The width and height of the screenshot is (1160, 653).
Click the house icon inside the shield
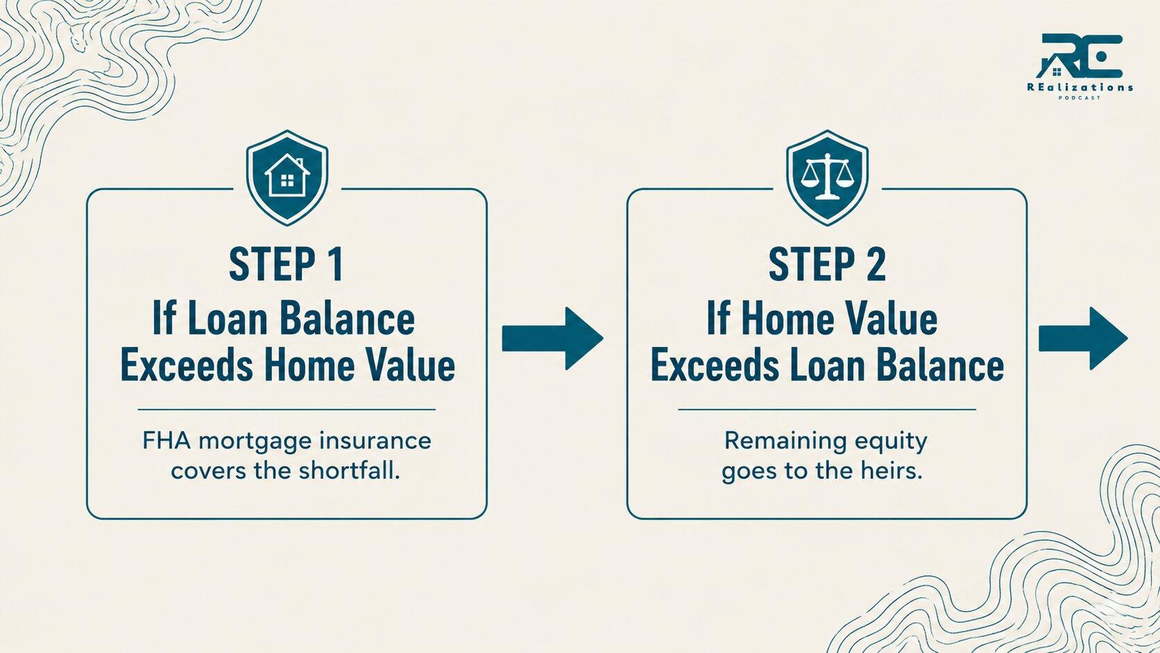coord(287,176)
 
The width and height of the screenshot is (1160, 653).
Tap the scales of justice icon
coord(827,176)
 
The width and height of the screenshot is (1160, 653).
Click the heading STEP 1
coord(286,264)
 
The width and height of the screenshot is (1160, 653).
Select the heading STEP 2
coord(827,264)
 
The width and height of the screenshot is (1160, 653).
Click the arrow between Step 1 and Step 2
coord(552,338)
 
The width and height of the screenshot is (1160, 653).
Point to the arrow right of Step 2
coord(1083,338)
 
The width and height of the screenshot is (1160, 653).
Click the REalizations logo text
coord(1080,87)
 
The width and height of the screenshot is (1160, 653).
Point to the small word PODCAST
coord(1080,98)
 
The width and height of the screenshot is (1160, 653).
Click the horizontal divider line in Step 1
coord(287,409)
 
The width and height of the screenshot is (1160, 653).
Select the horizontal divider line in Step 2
coord(827,409)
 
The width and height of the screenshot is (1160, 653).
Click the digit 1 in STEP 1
coord(336,264)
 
